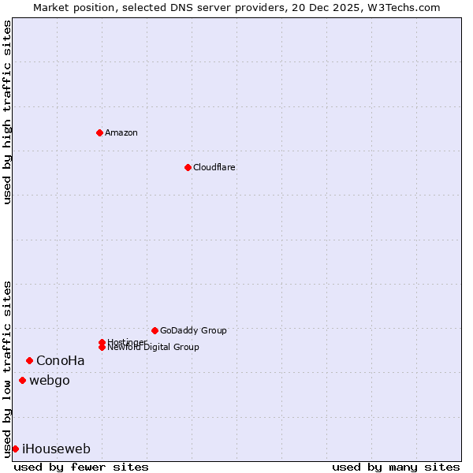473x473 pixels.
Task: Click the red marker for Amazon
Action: tap(99, 132)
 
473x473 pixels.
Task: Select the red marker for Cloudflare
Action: tap(188, 167)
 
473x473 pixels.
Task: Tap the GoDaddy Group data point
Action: tap(155, 330)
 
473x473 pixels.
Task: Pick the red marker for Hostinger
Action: tap(102, 342)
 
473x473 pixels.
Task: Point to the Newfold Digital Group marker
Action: tap(102, 347)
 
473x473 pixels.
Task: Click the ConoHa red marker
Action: tap(29, 360)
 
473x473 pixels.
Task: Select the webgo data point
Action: tap(22, 381)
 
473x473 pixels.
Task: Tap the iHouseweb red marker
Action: tap(15, 449)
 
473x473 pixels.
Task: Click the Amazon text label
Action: tap(121, 132)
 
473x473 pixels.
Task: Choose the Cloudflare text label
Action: tap(214, 167)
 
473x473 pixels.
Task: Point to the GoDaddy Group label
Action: tap(193, 330)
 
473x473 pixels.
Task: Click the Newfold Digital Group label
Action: tap(154, 348)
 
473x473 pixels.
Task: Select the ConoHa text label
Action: tap(61, 361)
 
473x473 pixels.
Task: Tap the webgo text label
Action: tap(50, 381)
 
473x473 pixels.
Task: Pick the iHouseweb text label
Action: tap(57, 449)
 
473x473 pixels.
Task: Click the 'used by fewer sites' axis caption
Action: tap(81, 467)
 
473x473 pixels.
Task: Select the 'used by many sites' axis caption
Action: tap(396, 467)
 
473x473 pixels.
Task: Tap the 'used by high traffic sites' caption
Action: tap(8, 112)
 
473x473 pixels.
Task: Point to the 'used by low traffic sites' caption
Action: tap(8, 369)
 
